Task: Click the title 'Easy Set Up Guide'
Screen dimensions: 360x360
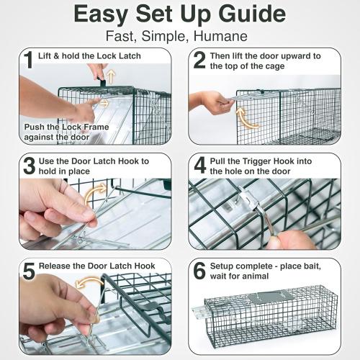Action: (x=179, y=14)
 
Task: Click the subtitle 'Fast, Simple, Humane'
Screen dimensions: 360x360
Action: (x=179, y=35)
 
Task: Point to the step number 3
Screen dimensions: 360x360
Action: (x=28, y=166)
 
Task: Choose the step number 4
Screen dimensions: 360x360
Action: (x=199, y=166)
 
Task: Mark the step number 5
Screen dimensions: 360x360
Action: (x=28, y=271)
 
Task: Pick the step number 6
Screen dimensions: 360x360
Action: (x=199, y=271)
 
